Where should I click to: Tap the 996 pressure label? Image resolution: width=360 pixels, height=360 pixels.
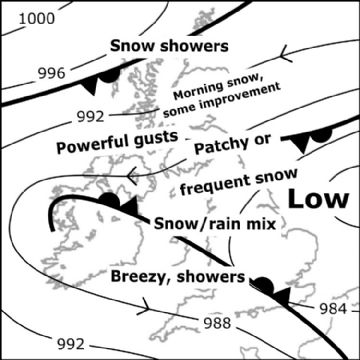tap(53, 73)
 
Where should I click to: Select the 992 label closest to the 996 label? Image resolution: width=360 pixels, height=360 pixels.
tap(93, 113)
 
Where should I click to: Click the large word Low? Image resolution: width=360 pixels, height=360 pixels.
tap(317, 198)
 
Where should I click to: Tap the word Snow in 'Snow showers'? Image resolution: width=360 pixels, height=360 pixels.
tap(131, 46)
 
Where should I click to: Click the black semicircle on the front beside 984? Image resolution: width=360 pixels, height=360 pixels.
tap(263, 285)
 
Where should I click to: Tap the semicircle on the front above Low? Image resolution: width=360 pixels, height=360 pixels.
tap(321, 135)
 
